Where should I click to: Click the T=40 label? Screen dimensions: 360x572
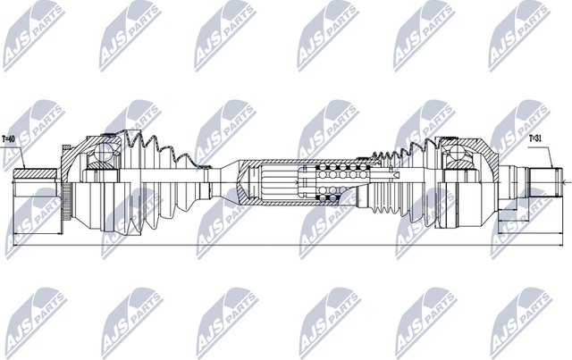11,139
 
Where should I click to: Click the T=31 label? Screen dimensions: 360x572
534,138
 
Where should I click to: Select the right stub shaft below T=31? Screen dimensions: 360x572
535,182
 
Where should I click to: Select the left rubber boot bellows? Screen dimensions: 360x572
156,179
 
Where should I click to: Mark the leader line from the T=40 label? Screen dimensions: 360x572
20,157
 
